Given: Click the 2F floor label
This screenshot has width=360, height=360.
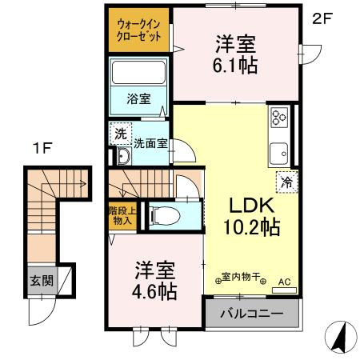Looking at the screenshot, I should [321, 18].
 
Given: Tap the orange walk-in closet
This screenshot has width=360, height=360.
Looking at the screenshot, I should [138, 31].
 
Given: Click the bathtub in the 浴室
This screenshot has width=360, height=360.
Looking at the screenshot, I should [138, 74].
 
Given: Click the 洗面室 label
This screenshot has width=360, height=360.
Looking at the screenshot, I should [150, 144].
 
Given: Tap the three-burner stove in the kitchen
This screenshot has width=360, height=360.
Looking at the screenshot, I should [280, 118].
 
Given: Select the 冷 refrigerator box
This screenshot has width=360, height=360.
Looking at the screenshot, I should [286, 182].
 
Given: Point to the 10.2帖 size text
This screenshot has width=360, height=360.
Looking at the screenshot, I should [251, 226].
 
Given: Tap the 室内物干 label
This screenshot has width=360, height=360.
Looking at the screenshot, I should [241, 278].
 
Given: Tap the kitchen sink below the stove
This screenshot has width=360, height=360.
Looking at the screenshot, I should [280, 150].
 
